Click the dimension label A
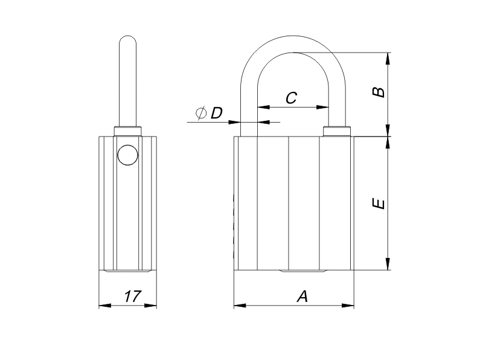pyautogui.click(x=302, y=296)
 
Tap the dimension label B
pyautogui.click(x=379, y=92)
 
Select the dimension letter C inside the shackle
pyautogui.click(x=292, y=98)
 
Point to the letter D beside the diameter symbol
pyautogui.click(x=216, y=113)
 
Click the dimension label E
pyautogui.click(x=379, y=204)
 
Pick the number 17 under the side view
pyautogui.click(x=133, y=296)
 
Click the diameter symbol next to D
pyautogui.click(x=201, y=113)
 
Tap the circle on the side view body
pyautogui.click(x=127, y=155)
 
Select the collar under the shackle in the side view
pyautogui.click(x=128, y=131)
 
